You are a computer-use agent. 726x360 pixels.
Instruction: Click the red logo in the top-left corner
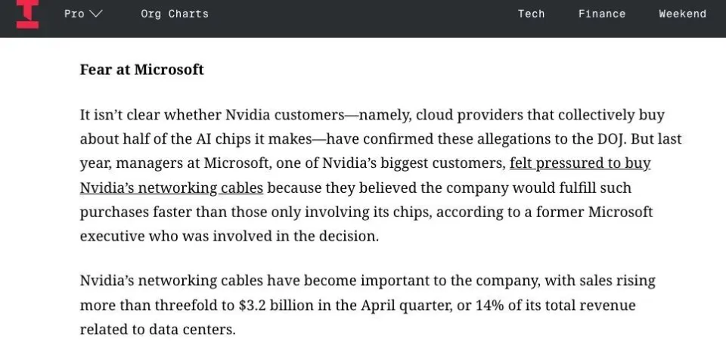coord(27,14)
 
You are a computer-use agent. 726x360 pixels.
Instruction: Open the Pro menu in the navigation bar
coord(75,14)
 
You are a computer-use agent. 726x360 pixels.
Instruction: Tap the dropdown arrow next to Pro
coord(96,14)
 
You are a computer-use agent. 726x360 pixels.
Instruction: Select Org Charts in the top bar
coord(175,14)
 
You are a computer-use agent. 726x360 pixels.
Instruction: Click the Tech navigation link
coord(531,14)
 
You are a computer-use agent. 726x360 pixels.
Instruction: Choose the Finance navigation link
coord(602,14)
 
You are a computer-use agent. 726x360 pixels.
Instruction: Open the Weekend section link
coord(682,14)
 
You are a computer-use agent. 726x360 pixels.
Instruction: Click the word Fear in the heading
coord(95,70)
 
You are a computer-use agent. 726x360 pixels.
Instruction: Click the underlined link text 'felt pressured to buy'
coord(580,163)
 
